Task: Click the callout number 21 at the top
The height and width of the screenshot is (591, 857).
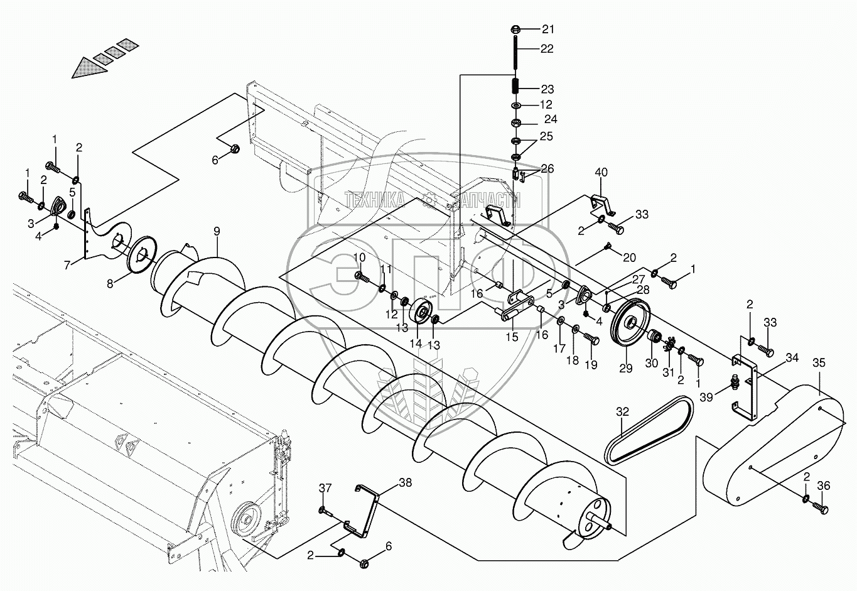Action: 549,30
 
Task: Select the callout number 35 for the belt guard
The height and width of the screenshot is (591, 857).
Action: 819,362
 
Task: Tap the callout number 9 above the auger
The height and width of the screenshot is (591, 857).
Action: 216,231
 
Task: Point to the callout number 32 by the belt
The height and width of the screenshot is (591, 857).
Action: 622,413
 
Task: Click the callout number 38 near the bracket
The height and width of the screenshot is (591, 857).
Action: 406,483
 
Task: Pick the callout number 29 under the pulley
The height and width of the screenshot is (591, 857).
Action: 625,369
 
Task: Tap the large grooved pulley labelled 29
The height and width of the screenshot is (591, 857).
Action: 630,323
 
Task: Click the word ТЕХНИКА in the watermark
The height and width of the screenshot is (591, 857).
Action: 374,200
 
